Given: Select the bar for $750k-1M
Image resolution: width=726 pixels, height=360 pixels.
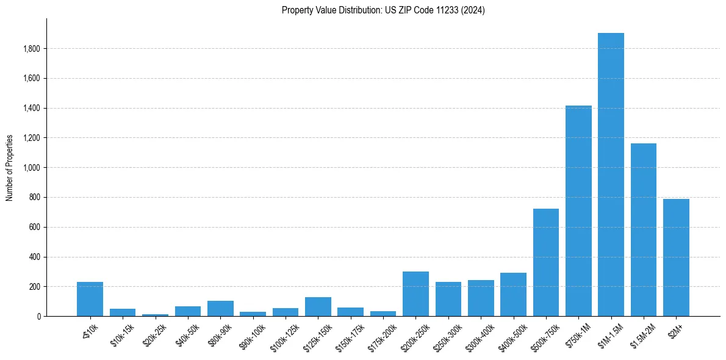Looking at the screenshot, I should point(578,211).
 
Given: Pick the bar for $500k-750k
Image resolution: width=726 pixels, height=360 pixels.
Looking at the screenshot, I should point(546,262).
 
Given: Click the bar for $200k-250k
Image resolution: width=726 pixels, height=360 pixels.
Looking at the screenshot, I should point(415,294).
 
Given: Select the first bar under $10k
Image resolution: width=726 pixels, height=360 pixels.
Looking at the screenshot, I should point(90,299).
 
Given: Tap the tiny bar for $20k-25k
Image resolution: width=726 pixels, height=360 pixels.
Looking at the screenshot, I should point(155,315).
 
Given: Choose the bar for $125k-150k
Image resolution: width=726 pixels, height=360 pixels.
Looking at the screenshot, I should point(318,307).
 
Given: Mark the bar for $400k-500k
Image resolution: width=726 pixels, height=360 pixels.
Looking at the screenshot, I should point(513,295).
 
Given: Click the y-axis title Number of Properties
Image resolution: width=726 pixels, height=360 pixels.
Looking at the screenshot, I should point(9,167).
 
